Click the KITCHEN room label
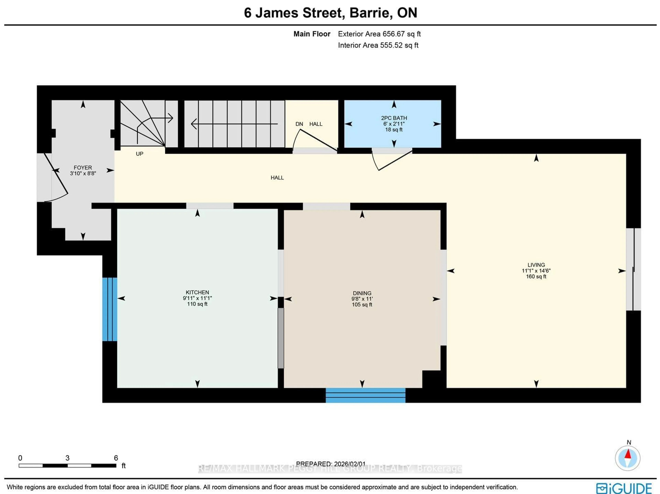point(197,292)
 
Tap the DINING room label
point(362,293)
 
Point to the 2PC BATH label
point(394,118)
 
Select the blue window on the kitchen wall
point(109,309)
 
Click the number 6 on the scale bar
point(116,458)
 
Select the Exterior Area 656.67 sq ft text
point(379,34)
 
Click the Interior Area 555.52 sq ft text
point(378,45)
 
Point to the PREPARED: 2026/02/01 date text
point(330,464)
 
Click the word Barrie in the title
point(369,13)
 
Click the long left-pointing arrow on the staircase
point(234,124)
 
